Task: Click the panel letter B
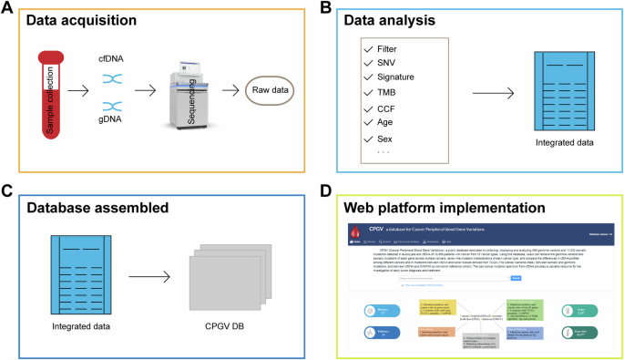[x=322, y=9]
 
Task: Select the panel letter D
[x=323, y=192]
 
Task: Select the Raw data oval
[x=269, y=91]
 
